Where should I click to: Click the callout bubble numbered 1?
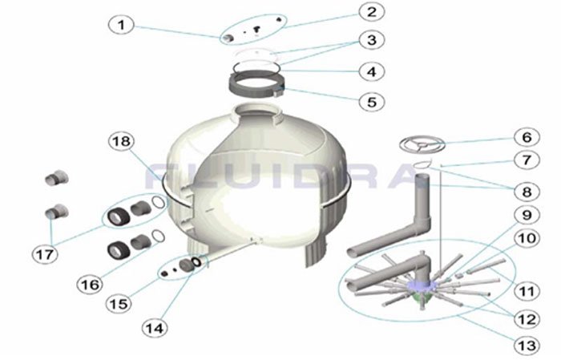(x=121, y=25)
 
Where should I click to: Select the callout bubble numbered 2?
(x=372, y=11)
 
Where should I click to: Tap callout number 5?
(x=372, y=102)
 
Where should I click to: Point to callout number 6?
(x=527, y=137)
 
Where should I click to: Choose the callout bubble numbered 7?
(x=527, y=160)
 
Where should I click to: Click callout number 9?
(x=527, y=215)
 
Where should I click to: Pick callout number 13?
(x=527, y=346)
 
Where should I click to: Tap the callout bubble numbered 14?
(x=155, y=328)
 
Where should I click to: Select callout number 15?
(x=119, y=304)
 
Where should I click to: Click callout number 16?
(x=90, y=285)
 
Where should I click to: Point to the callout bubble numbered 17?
(x=45, y=254)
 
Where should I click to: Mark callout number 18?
(x=121, y=141)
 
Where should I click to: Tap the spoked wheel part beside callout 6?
(x=422, y=144)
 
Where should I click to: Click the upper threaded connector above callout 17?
(x=57, y=178)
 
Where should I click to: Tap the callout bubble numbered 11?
(x=527, y=291)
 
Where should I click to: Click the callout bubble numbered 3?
(x=372, y=40)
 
